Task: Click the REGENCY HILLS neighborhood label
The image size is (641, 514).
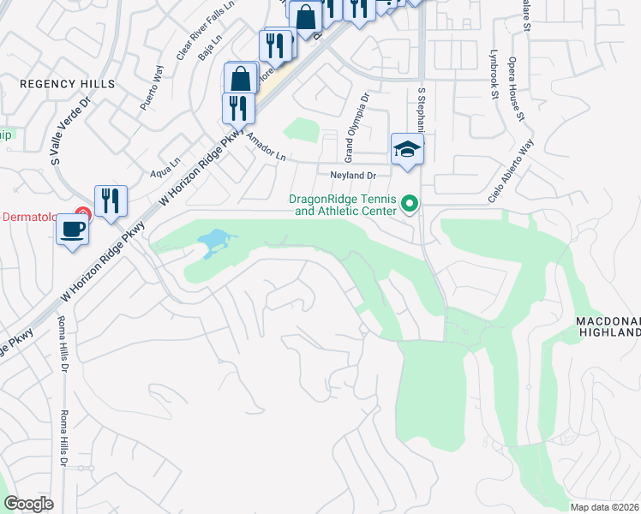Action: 67,84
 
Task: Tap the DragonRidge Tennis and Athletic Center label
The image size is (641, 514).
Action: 342,205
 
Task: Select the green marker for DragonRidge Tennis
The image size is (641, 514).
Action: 410,204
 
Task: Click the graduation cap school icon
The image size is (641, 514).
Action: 407,150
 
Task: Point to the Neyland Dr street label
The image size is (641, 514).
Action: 353,176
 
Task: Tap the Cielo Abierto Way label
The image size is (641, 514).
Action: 511,171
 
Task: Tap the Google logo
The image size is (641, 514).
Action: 29,504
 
